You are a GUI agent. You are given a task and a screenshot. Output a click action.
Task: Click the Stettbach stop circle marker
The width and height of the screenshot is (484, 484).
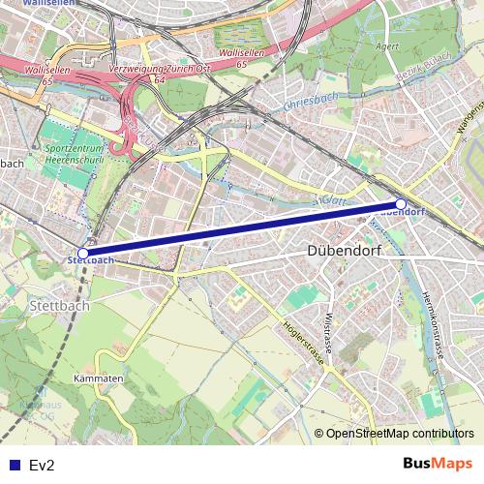click(83, 253)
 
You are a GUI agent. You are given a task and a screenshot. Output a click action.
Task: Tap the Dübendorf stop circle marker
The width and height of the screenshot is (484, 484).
click(401, 204)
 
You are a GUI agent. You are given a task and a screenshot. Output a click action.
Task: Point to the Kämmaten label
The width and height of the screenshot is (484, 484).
click(98, 378)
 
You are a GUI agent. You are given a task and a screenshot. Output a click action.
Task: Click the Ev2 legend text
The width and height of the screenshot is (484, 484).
click(43, 466)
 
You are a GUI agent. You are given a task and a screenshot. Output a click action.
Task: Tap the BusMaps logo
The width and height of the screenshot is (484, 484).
click(438, 464)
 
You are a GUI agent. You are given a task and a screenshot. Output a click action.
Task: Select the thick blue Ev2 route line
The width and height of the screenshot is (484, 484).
click(242, 228)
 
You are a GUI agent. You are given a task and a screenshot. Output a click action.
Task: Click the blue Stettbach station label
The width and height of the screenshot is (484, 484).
click(91, 260)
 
